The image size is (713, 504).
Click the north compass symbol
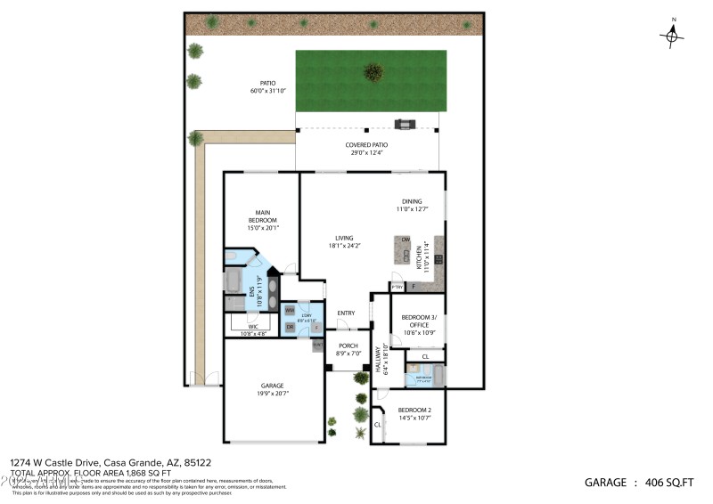pos(672,34)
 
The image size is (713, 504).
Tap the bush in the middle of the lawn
pos(373,71)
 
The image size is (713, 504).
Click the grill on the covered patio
pos(406,126)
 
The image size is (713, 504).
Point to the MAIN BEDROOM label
pos(263,215)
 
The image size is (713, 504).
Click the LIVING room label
pos(344,238)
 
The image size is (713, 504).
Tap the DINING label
pos(412,201)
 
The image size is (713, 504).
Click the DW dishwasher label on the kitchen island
pos(405,240)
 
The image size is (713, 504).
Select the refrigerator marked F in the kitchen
pos(413,287)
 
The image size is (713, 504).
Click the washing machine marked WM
pos(290,310)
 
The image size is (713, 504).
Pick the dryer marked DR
pos(290,328)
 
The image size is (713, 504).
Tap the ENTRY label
pos(346,313)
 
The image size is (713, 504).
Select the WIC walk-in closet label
pos(252,327)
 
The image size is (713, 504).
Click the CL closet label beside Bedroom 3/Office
pos(425,356)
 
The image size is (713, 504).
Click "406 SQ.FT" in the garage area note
pos(668,483)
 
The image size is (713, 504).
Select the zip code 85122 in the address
pos(197,462)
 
